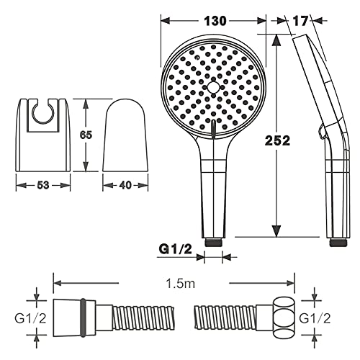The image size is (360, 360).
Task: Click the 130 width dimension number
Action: click(215, 21)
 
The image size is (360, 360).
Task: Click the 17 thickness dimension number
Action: click(300, 21)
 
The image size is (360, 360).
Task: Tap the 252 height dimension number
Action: click(277, 140)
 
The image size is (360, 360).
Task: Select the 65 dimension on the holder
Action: click(86, 135)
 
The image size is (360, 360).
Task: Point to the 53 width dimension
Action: click(43, 185)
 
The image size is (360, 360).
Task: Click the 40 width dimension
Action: click(125, 185)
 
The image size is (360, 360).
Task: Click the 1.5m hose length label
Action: click(180, 284)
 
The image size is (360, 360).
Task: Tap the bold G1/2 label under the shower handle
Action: click(176, 249)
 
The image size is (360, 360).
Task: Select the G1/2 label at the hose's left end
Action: click(30, 318)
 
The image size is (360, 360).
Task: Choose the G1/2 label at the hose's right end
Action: click(315, 318)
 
